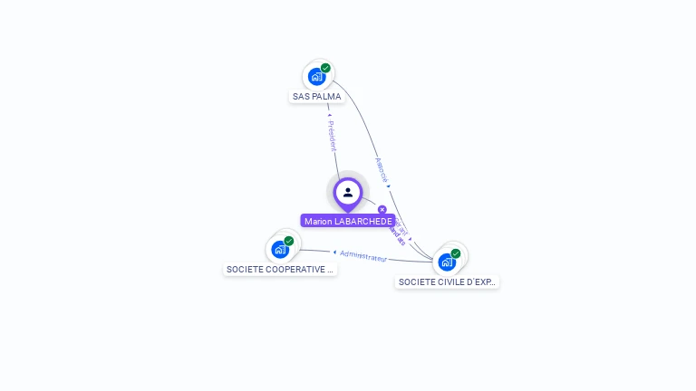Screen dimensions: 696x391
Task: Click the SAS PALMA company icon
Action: click(317, 76)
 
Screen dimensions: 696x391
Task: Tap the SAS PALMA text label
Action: click(316, 96)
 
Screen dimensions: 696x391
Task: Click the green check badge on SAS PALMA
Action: click(325, 68)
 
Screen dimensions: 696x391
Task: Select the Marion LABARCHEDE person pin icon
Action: click(348, 193)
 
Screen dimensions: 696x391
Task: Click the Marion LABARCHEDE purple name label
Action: click(348, 221)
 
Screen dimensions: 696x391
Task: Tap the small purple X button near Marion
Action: click(382, 210)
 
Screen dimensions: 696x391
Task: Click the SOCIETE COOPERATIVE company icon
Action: click(281, 249)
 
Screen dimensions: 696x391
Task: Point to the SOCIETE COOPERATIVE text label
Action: click(280, 270)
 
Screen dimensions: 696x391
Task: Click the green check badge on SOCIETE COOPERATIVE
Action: click(289, 241)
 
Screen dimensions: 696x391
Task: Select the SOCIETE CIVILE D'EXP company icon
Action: click(448, 262)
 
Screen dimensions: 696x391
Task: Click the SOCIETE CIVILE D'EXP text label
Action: click(447, 282)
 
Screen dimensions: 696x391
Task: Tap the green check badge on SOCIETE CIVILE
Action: click(456, 253)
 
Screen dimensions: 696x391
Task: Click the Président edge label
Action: click(332, 136)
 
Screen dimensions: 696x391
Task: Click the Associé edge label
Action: click(382, 171)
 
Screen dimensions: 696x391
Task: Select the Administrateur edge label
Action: click(363, 256)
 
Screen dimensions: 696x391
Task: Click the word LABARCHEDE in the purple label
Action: click(363, 221)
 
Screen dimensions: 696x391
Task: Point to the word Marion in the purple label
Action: click(318, 221)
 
